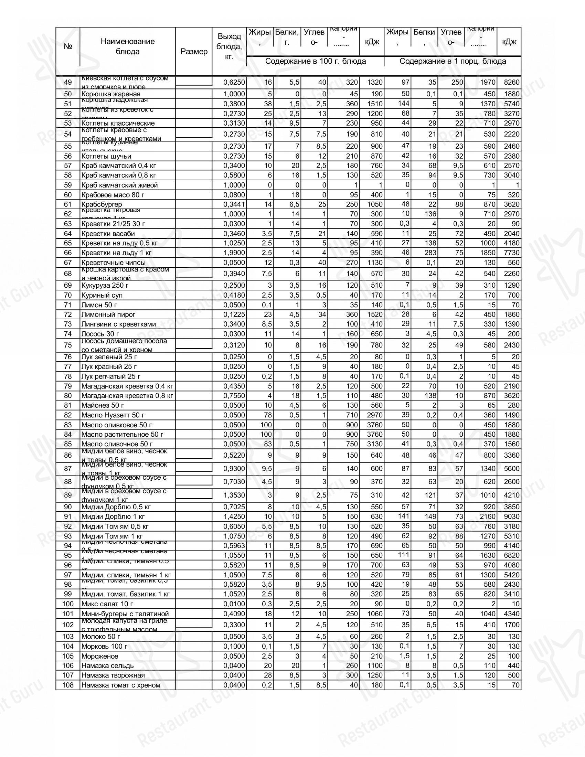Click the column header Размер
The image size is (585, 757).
194,52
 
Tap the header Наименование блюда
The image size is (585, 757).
128,46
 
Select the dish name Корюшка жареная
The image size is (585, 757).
111,94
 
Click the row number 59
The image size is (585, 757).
68,185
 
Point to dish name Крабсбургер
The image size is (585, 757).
102,204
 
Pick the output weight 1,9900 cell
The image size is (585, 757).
234,253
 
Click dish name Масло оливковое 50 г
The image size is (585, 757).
117,425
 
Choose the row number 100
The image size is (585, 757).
68,604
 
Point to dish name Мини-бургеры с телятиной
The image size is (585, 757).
125,614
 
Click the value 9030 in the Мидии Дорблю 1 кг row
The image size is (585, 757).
511,516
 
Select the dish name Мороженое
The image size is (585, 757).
100,656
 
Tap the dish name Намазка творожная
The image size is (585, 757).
113,675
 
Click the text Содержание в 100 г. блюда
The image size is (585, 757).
315,61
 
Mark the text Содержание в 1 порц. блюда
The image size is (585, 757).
453,61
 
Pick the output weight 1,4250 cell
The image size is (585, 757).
234,516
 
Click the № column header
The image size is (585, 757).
68,46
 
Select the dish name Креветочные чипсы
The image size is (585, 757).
113,263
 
